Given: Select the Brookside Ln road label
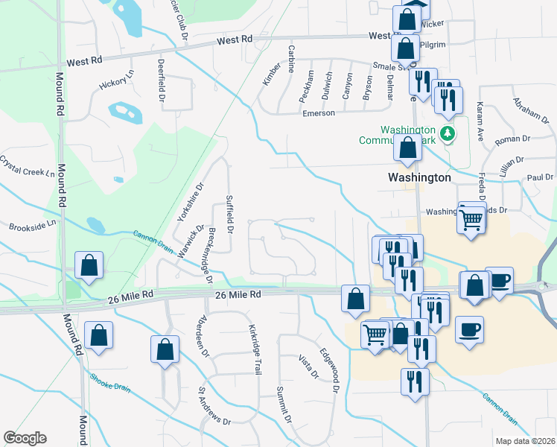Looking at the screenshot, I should (32, 224).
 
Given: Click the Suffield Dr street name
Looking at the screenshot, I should (229, 214).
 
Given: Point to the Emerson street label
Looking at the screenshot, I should (318, 113).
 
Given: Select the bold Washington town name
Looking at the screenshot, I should (420, 178).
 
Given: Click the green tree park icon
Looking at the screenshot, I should (447, 134).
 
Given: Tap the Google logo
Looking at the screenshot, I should (25, 438).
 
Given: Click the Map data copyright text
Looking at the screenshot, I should (525, 441).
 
